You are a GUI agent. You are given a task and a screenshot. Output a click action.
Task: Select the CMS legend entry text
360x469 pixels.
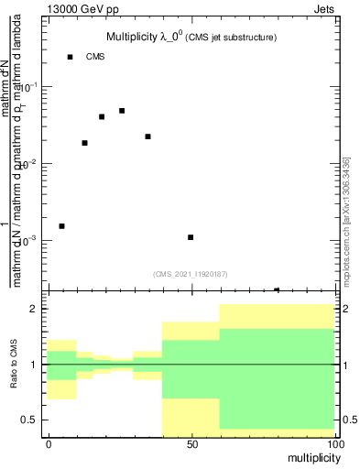(96, 57)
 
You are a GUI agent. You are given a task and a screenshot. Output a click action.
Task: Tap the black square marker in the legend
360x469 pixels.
(71, 57)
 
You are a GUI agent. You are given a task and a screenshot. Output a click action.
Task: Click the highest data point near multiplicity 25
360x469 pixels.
(122, 111)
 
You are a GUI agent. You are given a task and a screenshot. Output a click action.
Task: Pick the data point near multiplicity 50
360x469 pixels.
(191, 237)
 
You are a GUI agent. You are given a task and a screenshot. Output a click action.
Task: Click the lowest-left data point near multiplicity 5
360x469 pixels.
(61, 225)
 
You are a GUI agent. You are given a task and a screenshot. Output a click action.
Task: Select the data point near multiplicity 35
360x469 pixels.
(147, 136)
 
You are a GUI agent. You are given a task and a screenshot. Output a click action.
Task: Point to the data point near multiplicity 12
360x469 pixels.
(84, 143)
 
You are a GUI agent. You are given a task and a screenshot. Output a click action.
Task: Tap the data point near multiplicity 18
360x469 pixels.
(102, 116)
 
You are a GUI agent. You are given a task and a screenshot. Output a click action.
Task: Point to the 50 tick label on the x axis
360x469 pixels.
(191, 442)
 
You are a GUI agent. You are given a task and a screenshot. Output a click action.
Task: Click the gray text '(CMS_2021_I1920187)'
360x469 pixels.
(191, 274)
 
